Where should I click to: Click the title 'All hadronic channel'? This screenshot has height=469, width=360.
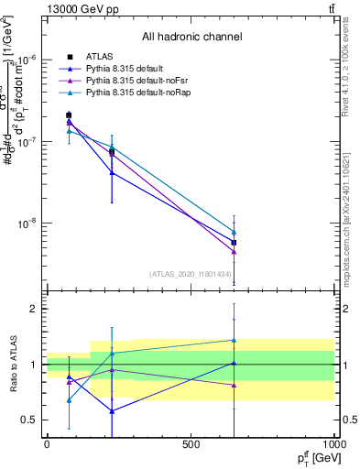click(191, 38)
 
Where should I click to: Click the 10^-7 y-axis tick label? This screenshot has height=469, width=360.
click(24, 142)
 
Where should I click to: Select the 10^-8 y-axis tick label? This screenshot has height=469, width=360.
click(24, 223)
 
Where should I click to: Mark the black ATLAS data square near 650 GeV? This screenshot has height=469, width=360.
click(234, 243)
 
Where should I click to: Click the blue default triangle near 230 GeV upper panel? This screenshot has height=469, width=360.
click(112, 172)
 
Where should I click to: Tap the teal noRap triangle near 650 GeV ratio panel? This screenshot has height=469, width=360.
click(234, 340)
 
